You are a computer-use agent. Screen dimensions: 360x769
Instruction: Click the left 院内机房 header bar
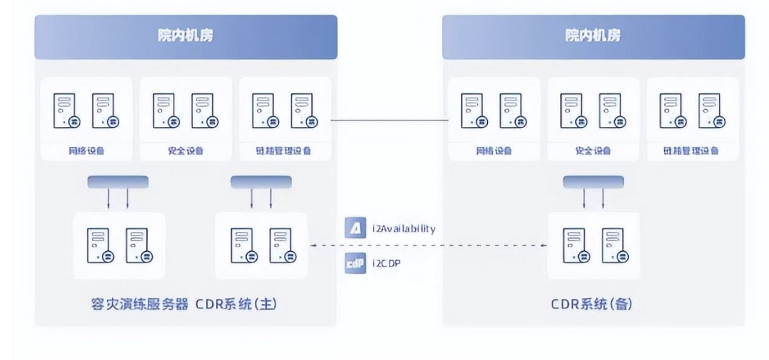tap(186, 37)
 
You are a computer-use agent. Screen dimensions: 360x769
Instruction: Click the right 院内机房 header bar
tap(593, 37)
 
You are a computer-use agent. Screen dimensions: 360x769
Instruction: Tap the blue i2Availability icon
tap(354, 229)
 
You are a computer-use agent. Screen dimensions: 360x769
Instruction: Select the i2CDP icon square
tap(354, 263)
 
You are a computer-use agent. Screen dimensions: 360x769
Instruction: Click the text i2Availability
tap(404, 229)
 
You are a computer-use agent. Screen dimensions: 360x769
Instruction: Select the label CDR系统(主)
tap(235, 304)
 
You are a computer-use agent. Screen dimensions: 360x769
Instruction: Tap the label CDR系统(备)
tap(592, 304)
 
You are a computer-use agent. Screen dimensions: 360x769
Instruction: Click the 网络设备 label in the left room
tap(86, 151)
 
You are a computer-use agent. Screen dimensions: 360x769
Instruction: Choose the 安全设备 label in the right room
tap(593, 151)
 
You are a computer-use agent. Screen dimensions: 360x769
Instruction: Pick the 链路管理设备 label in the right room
tap(692, 151)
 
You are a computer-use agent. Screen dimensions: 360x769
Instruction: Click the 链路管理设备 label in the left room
tap(284, 151)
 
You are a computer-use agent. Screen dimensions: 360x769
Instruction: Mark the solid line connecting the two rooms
tap(390, 119)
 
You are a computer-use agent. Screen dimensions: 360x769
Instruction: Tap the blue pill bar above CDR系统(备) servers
tap(593, 182)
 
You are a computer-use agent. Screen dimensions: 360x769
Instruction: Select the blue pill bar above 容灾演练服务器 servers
tap(118, 182)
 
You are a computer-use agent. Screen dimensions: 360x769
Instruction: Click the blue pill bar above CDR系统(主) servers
tap(260, 182)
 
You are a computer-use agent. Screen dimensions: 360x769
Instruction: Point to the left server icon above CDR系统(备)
tap(574, 245)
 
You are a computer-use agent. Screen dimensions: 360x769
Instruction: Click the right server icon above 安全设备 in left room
tap(203, 111)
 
